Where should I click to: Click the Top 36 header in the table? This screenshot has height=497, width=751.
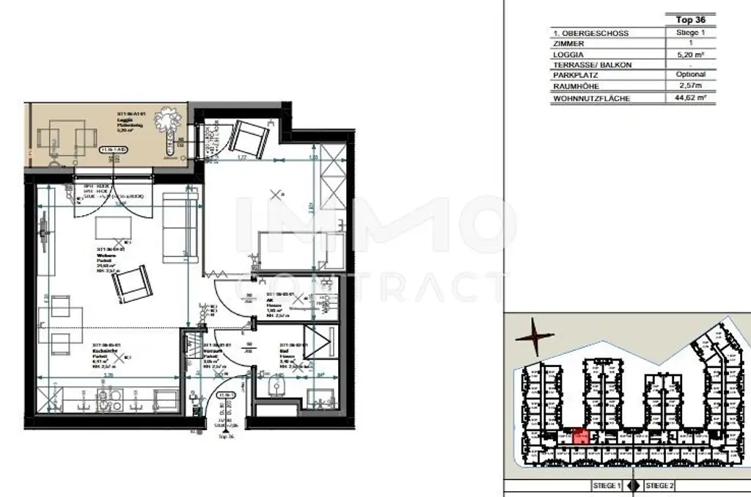pos(690,20)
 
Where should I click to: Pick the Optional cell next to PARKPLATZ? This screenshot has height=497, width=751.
pos(690,75)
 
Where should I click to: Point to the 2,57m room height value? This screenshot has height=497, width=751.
pos(690,86)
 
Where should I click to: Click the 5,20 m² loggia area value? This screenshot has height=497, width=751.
pos(690,54)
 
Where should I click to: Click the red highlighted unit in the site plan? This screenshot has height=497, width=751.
pos(580,436)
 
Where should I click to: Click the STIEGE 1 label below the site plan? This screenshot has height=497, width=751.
pos(607,486)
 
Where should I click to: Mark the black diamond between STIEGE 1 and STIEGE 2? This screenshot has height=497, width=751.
pos(633,486)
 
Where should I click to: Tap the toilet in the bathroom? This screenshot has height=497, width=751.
pos(276,385)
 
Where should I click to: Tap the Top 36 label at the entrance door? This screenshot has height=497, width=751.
pos(226,436)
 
